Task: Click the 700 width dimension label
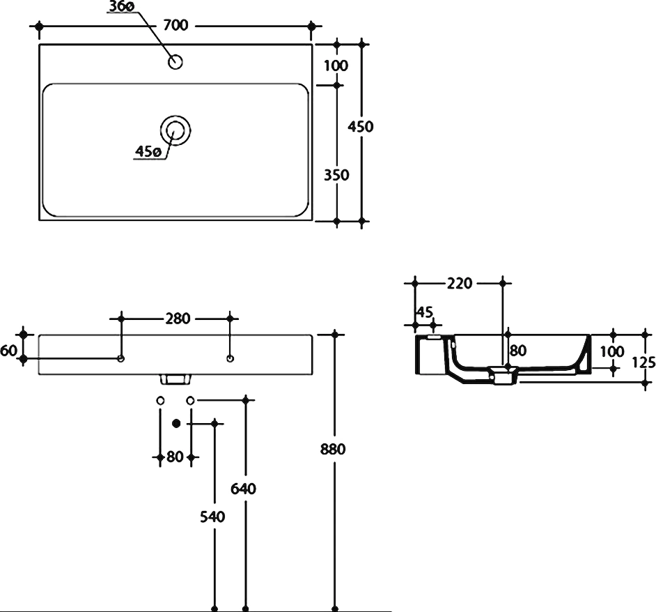(x=175, y=26)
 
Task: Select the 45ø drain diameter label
(x=148, y=151)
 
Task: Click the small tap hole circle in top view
(x=175, y=63)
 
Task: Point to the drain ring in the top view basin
(x=175, y=130)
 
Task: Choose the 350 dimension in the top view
(x=336, y=175)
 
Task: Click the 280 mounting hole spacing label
(x=178, y=319)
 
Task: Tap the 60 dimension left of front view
(x=8, y=351)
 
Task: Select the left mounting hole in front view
(x=121, y=359)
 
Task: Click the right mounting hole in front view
(x=231, y=359)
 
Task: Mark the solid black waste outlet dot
(x=175, y=422)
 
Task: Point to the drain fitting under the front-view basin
(x=175, y=379)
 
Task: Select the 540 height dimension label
(x=213, y=517)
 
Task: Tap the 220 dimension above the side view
(x=460, y=284)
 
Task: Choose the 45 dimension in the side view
(x=423, y=311)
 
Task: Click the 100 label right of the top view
(x=336, y=66)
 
